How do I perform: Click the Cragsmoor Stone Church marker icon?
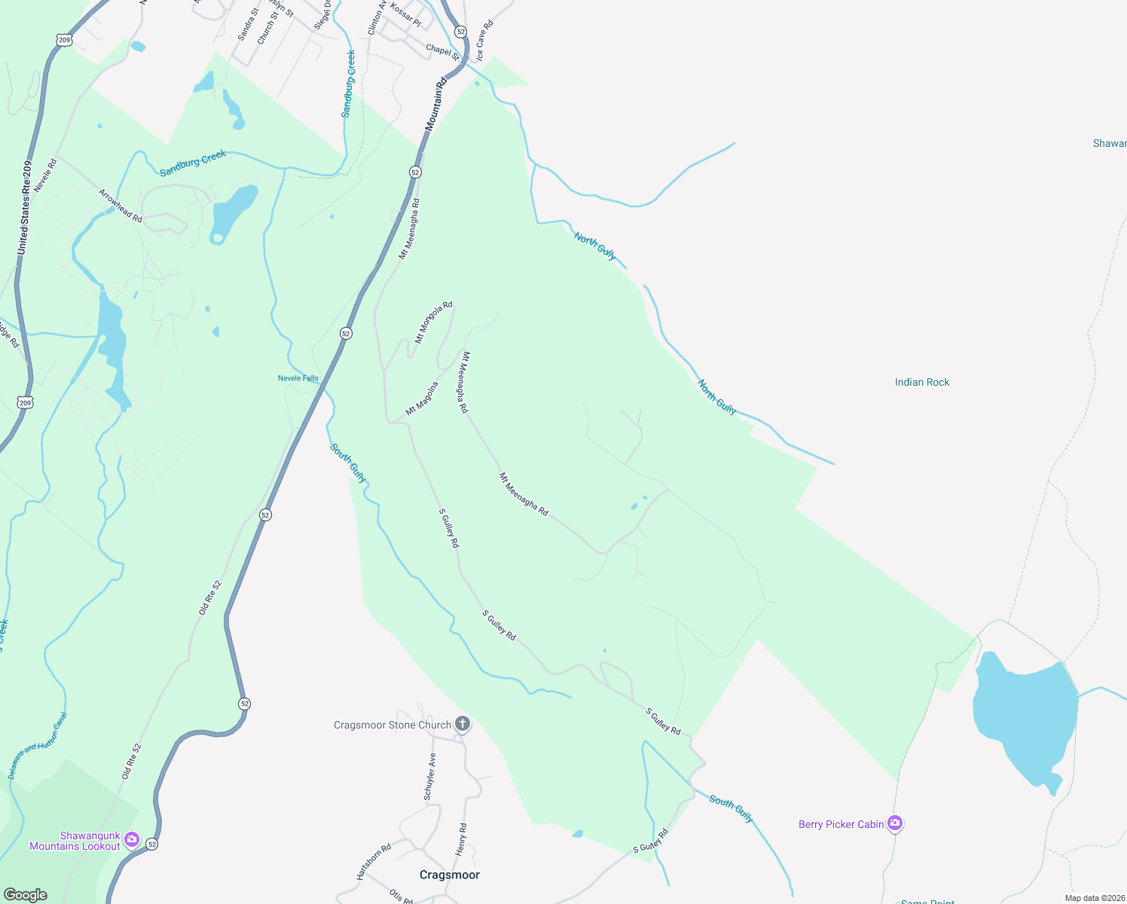pos(463,725)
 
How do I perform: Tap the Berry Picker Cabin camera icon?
pos(895,823)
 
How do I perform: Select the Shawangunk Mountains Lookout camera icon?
pos(132,839)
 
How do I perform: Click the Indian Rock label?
pos(921,382)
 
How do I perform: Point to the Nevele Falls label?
pos(298,378)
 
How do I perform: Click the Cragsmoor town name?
pos(449,875)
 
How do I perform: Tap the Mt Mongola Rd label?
pos(434,322)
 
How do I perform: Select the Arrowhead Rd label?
pos(121,206)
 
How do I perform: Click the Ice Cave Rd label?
pos(484,41)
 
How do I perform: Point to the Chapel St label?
pos(442,51)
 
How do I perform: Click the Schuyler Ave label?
pos(429,777)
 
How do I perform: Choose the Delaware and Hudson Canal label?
pos(37,746)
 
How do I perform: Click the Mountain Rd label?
pos(435,105)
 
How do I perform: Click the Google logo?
pos(26,895)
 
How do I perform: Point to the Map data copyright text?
pos(1094,898)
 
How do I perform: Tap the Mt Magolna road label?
pos(422,399)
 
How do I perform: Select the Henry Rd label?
pos(462,839)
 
